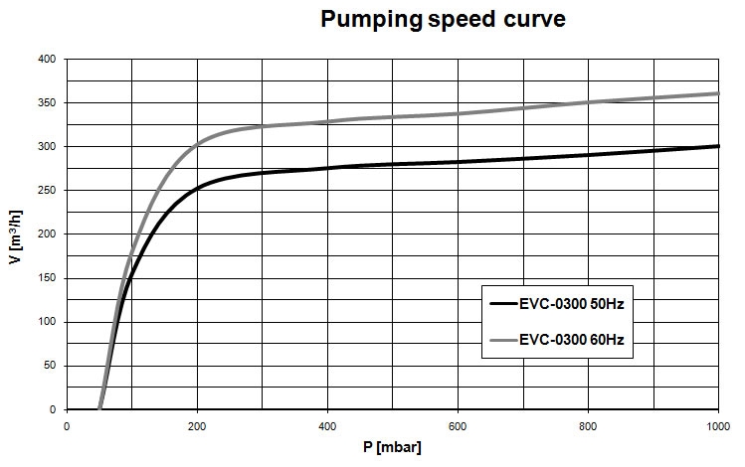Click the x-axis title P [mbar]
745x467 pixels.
click(392, 447)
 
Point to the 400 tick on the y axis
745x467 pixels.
click(47, 59)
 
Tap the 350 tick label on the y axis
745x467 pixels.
click(47, 102)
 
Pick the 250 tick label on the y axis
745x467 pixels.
click(47, 190)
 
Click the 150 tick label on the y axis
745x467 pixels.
click(47, 278)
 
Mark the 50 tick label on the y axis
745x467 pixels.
click(50, 366)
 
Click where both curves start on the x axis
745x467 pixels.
click(99, 408)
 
